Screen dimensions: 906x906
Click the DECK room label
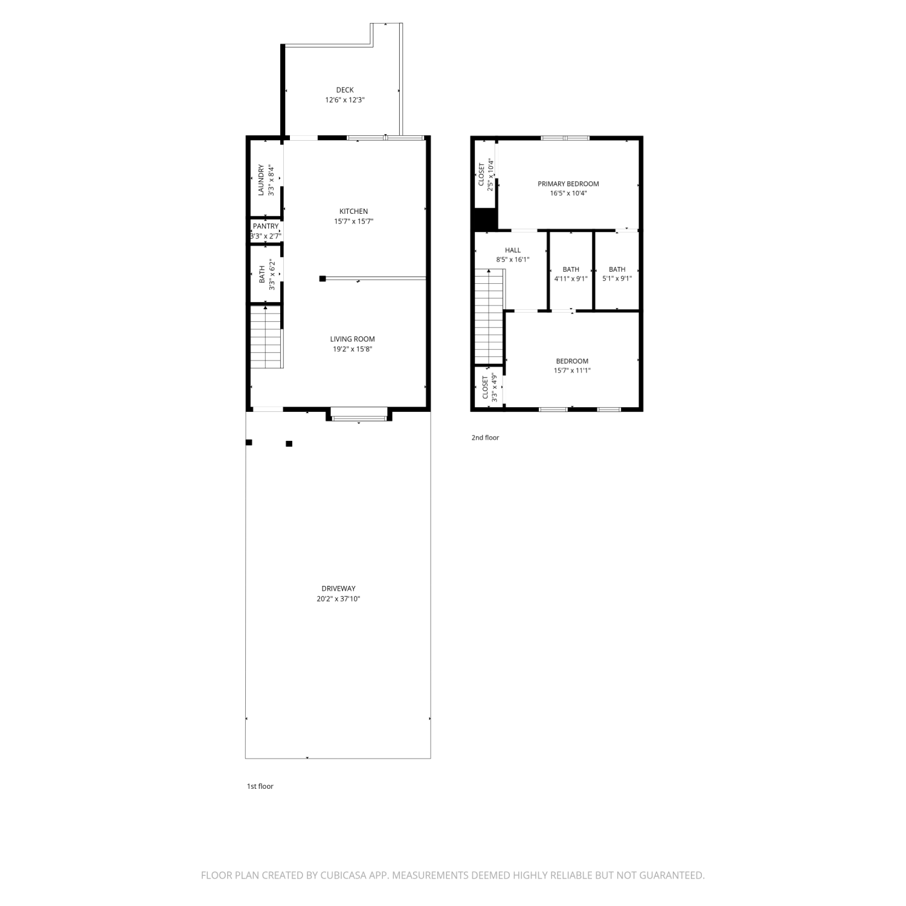coord(345,90)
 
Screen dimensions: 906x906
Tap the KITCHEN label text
coord(354,211)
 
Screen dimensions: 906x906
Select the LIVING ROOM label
coord(352,339)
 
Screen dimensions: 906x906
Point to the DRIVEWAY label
coord(338,588)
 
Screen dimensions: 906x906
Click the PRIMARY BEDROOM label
coord(568,184)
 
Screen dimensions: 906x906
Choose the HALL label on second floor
coord(513,250)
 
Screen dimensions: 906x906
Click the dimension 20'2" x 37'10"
coord(338,599)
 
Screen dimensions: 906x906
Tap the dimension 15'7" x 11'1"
coord(572,371)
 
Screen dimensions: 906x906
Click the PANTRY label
coord(266,226)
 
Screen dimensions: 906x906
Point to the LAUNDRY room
coord(266,180)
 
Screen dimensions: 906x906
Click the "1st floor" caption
coord(260,786)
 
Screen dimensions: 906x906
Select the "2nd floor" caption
coord(486,437)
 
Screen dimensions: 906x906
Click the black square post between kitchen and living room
coord(323,278)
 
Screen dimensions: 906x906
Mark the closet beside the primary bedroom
coord(485,175)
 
